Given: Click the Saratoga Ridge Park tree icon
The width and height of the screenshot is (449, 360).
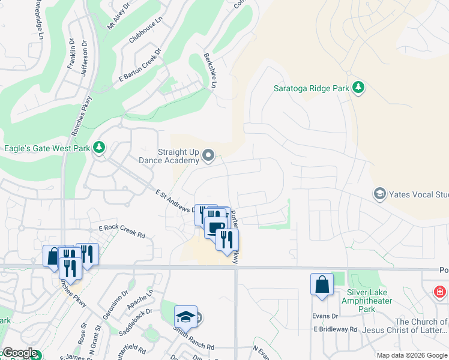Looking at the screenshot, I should pos(358,88).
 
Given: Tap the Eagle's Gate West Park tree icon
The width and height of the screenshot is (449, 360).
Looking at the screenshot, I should pos(99,148).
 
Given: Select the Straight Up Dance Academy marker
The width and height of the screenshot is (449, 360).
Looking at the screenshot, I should pos(208,156).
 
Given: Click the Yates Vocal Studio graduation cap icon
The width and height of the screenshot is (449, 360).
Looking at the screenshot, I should pos(379,194).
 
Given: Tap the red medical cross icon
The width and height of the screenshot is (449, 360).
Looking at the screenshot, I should pos(440,292).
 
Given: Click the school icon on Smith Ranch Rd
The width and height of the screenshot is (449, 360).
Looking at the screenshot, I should pos(185,316).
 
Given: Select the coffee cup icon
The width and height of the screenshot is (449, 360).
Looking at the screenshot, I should pos(215,226).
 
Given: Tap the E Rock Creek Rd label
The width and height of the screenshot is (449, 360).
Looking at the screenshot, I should pos(122,232).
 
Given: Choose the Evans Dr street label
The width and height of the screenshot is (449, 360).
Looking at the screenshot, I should pos(326,316).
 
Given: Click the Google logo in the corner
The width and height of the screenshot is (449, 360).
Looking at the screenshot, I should pos(19,353).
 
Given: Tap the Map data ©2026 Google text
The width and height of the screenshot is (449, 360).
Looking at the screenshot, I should pos(411,355).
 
